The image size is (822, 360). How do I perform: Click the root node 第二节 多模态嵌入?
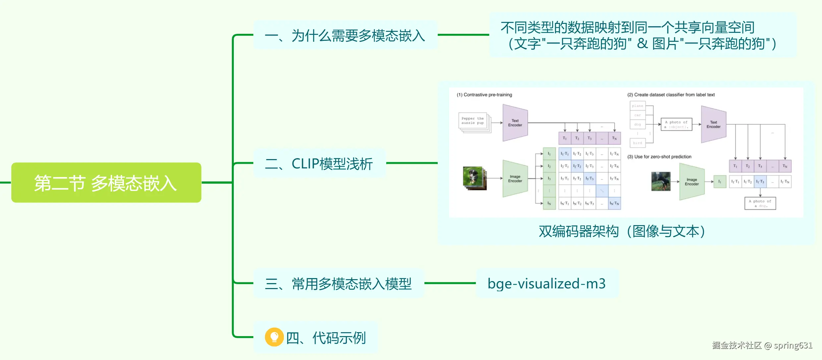(106, 183)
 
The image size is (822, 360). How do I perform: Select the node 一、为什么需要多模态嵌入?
(345, 35)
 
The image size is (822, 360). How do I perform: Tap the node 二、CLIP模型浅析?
(319, 163)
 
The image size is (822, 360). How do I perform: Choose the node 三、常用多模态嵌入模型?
(338, 284)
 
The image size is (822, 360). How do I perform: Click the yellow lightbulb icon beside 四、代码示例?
(274, 337)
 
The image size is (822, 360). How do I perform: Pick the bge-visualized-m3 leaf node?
(546, 284)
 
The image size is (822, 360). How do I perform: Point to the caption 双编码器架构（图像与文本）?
(622, 231)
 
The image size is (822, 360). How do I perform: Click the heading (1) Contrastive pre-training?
(484, 95)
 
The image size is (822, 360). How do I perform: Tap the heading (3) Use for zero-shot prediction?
(659, 157)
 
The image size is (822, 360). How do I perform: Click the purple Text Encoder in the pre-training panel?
(515, 123)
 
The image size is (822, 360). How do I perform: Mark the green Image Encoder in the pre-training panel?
(515, 179)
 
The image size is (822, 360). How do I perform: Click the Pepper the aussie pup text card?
(473, 121)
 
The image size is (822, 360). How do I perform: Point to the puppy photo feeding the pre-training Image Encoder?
(474, 177)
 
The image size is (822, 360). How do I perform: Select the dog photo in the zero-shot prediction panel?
(661, 181)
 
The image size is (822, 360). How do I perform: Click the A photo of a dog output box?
(760, 203)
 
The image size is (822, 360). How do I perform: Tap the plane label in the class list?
(637, 106)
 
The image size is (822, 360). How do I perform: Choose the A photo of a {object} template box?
(676, 124)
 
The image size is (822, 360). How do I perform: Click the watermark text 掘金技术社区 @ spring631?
(762, 345)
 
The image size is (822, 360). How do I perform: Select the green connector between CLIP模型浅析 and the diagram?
(412, 163)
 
